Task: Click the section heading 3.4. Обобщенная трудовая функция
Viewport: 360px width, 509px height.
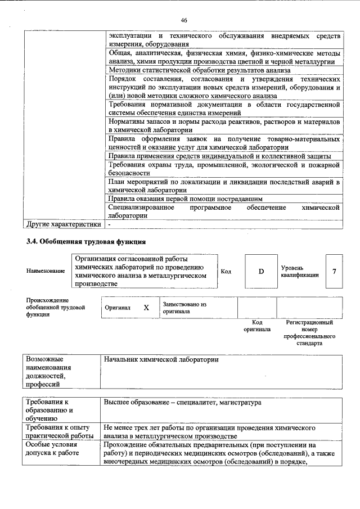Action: click(86, 242)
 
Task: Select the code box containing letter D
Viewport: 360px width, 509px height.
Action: click(261, 272)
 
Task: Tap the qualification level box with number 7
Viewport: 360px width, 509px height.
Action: click(334, 272)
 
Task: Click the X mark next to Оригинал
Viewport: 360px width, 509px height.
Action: click(146, 308)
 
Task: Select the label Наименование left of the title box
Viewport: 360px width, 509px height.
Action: click(45, 272)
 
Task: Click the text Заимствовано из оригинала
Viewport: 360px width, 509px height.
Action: click(184, 308)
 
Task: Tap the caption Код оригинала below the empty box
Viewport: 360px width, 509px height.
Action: click(256, 326)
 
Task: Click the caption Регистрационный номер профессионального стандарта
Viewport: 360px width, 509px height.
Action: click(309, 332)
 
